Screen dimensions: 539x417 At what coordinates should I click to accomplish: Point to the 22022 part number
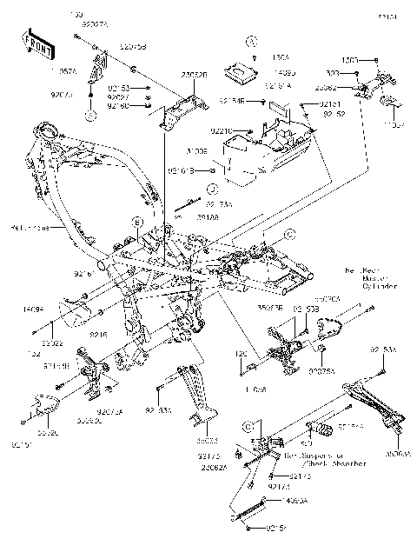[x=51, y=343]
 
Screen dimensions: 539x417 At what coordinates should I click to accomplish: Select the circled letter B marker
[x=136, y=223]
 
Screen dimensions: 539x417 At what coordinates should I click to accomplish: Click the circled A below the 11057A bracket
[x=91, y=114]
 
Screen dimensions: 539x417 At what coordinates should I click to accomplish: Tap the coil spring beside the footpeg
[x=322, y=429]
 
